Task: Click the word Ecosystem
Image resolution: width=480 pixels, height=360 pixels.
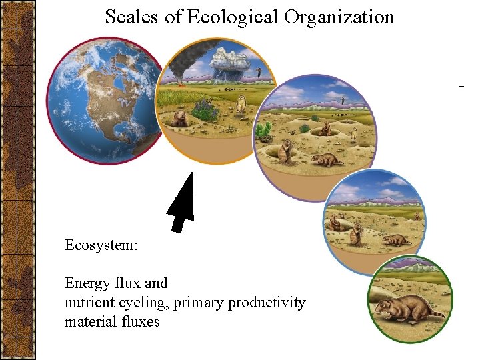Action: [101, 245]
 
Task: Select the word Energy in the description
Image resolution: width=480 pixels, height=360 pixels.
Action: [87, 283]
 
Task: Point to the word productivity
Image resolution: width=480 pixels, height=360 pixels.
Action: [267, 303]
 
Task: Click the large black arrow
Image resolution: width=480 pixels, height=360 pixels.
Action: [181, 203]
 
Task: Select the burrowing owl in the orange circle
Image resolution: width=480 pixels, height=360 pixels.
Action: [241, 102]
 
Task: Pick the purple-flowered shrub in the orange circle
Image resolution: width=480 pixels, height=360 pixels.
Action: [205, 110]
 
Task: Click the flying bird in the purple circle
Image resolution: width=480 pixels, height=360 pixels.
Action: [343, 100]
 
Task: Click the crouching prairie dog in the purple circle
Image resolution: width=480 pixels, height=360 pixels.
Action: [327, 160]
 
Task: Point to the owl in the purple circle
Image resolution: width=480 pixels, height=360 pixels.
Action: [354, 135]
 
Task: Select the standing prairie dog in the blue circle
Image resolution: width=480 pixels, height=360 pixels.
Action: [356, 233]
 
